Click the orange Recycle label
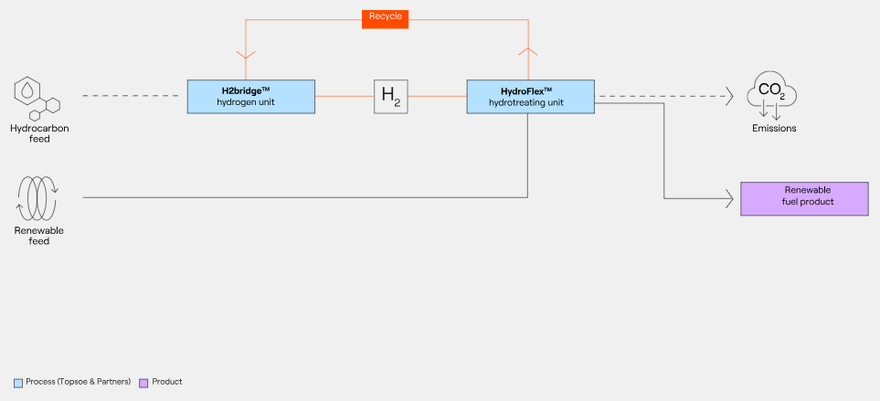pyautogui.click(x=385, y=17)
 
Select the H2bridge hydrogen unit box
pyautogui.click(x=250, y=96)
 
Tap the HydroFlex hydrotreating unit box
pyautogui.click(x=530, y=96)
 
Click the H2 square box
pyautogui.click(x=390, y=96)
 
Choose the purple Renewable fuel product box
pyautogui.click(x=803, y=197)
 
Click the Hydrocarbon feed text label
pyautogui.click(x=39, y=133)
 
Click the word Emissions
pyautogui.click(x=774, y=129)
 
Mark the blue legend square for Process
pyautogui.click(x=18, y=382)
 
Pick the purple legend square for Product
pyautogui.click(x=143, y=382)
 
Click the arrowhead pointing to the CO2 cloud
pyautogui.click(x=728, y=96)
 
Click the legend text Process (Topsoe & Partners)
pyautogui.click(x=79, y=382)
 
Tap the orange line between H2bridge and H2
pyautogui.click(x=344, y=96)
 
